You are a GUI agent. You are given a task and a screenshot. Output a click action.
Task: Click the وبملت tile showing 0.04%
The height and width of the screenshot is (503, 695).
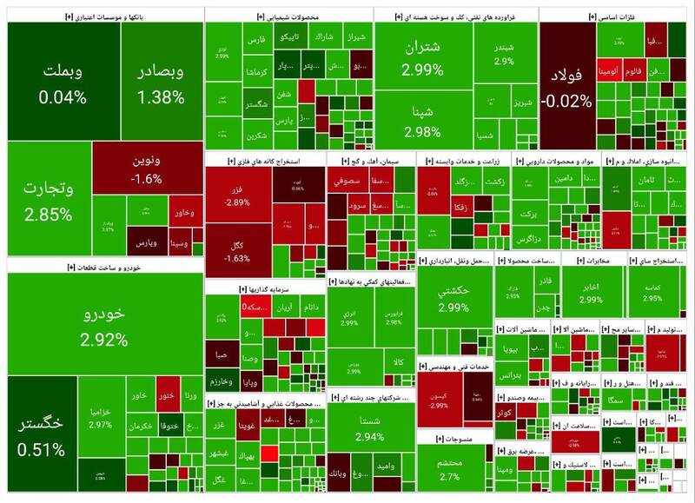pos(62,82)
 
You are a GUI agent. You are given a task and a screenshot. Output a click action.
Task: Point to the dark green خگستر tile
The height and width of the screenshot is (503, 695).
pos(43,434)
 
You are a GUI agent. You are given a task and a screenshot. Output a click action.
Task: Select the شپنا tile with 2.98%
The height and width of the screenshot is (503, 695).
pos(423,122)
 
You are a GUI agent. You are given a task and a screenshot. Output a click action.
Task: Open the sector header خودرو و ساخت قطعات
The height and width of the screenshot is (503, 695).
pos(104,267)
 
